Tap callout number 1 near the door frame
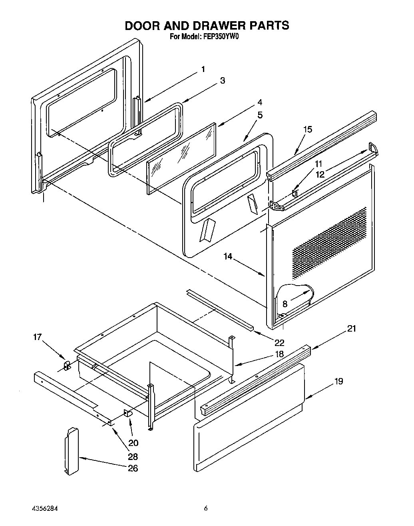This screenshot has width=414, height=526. coord(203,70)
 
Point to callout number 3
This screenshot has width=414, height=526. coord(222,81)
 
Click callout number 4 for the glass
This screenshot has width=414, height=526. coord(259,102)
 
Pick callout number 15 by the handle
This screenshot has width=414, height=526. coord(307,129)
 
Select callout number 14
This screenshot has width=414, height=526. coord(228,256)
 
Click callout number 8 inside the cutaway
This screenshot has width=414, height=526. coord(285,304)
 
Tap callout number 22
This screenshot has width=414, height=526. coord(279,342)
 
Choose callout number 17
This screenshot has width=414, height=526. coord(37,337)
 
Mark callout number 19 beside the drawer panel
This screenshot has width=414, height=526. coord(338,381)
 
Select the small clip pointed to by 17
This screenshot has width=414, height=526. coord(67,365)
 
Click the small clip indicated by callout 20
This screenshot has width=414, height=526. coord(128,413)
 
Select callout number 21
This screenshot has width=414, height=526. coord(351,329)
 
